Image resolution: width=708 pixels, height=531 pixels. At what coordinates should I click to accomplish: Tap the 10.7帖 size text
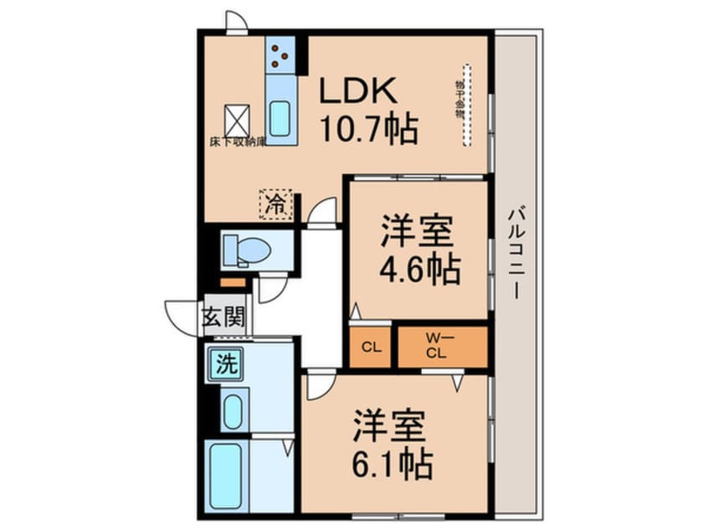[367, 129]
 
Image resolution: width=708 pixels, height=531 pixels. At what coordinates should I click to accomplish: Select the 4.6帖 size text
[419, 268]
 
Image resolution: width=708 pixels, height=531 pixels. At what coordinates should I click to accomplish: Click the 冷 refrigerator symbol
[275, 203]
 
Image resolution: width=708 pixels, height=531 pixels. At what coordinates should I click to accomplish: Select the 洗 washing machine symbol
[225, 364]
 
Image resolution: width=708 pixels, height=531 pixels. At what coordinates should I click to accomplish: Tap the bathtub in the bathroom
[227, 474]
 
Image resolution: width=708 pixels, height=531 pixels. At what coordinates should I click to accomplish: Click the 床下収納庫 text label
[238, 142]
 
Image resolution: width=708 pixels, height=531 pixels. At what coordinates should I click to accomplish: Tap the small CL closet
[371, 347]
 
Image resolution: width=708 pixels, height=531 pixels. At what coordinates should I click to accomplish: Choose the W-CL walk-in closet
[440, 347]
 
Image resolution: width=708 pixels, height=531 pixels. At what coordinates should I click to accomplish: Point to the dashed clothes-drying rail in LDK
[465, 105]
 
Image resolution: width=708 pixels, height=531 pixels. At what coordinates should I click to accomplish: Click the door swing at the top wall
[236, 22]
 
